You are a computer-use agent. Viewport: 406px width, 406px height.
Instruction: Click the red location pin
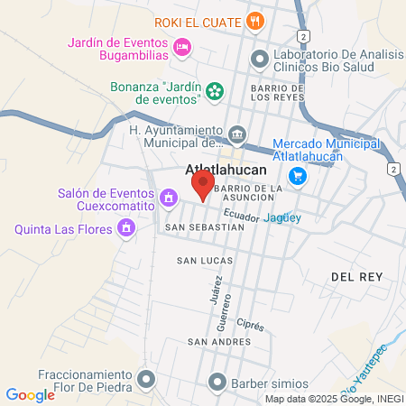click(202, 185)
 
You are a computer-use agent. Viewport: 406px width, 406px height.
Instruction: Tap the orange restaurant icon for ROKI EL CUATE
click(256, 21)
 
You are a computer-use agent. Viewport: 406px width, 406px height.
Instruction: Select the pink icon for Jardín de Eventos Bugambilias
click(182, 46)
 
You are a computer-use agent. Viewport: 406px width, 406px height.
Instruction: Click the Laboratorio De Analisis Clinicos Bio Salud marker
click(259, 59)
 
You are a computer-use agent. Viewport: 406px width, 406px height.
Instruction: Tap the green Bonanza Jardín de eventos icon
click(214, 90)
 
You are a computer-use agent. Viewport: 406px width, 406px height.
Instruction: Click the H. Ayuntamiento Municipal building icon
click(236, 134)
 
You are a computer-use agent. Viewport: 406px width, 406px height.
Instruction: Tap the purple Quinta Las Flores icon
click(126, 228)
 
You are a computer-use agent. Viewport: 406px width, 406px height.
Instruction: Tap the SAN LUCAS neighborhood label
click(204, 261)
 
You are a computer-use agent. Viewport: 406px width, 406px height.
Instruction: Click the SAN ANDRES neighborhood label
click(214, 342)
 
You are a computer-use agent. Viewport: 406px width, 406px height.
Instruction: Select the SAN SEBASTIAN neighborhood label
click(204, 228)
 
